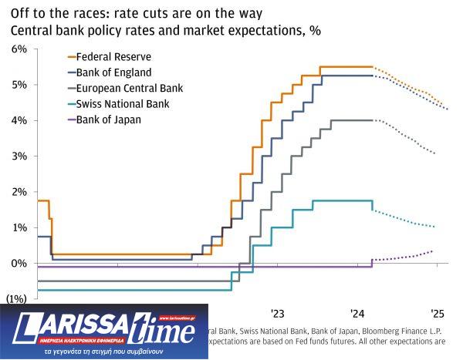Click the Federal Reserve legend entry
click(x=118, y=57)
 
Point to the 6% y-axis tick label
click(x=19, y=49)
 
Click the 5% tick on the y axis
click(x=19, y=84)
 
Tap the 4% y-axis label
click(x=19, y=120)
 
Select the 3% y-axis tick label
click(x=19, y=156)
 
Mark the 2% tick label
click(x=19, y=192)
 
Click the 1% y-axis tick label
click(x=19, y=227)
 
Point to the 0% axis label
click(x=19, y=264)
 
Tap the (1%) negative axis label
click(x=17, y=298)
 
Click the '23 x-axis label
click(x=278, y=314)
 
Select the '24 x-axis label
click(x=357, y=314)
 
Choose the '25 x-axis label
click(x=438, y=314)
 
